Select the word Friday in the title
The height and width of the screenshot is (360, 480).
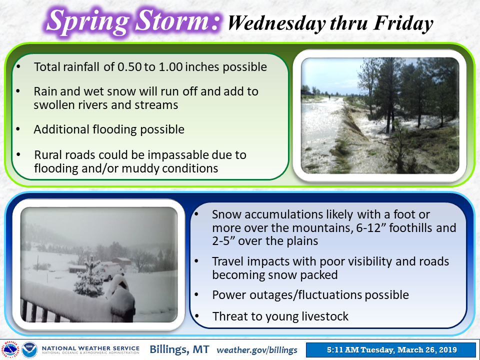click(403, 23)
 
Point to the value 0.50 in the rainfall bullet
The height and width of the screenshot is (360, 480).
click(130, 66)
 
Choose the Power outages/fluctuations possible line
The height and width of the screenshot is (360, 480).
click(310, 295)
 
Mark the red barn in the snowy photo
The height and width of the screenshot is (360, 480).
click(121, 261)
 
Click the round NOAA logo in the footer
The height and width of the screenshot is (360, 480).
click(29, 349)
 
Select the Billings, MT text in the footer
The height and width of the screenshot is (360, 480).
click(179, 349)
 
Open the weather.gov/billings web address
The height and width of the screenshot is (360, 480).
click(257, 350)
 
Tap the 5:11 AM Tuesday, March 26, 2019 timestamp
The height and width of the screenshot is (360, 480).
click(392, 349)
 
